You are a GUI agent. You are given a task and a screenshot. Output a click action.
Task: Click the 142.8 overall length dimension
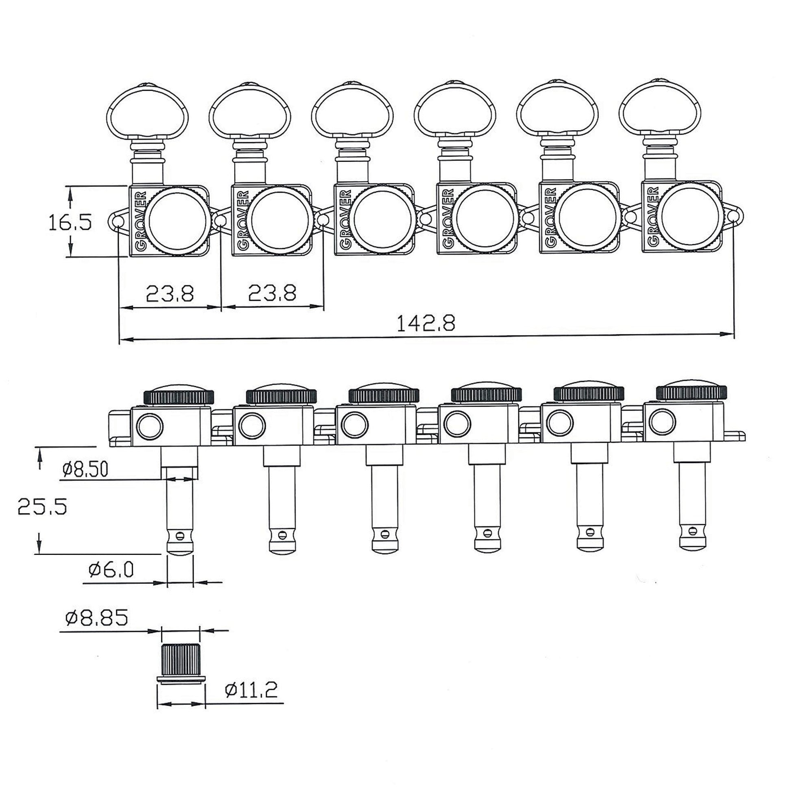pyautogui.click(x=426, y=324)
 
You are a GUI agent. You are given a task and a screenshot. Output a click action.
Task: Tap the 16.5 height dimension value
pyautogui.click(x=70, y=223)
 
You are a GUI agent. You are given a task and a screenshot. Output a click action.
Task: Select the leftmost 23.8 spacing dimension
pyautogui.click(x=169, y=293)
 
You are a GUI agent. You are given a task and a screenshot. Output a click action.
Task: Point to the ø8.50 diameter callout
pyautogui.click(x=85, y=469)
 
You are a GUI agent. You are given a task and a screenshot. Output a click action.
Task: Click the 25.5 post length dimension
pyautogui.click(x=42, y=507)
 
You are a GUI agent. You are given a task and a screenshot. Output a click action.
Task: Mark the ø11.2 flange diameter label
pyautogui.click(x=251, y=691)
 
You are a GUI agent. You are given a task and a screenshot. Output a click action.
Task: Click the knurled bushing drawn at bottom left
pyautogui.click(x=180, y=662)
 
